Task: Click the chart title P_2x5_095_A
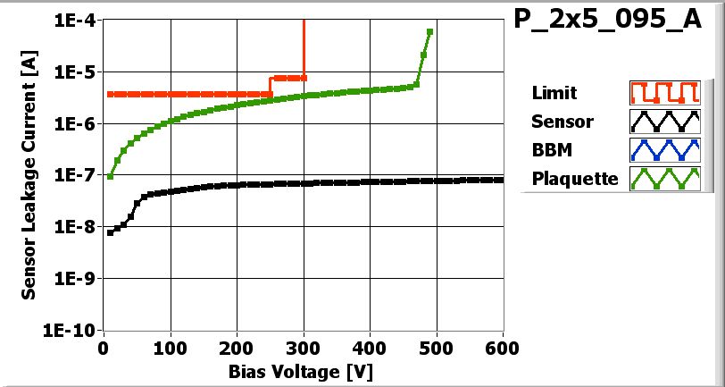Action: click(607, 21)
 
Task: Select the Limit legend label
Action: click(554, 93)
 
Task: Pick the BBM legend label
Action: click(552, 150)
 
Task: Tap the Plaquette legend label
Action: click(575, 179)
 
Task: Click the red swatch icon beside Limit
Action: click(662, 93)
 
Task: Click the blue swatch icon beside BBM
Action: click(662, 150)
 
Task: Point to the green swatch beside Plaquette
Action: click(662, 179)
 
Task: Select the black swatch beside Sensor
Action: click(662, 122)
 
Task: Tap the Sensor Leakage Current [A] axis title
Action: click(29, 175)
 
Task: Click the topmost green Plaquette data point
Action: click(430, 31)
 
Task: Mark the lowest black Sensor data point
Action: click(110, 232)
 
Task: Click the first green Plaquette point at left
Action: click(110, 176)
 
